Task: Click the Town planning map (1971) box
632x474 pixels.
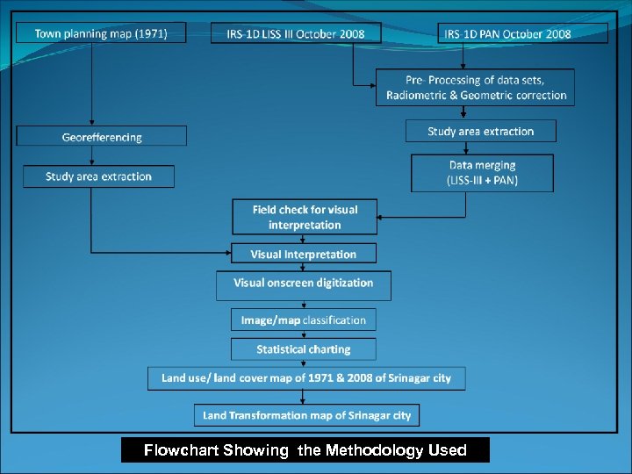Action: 101,33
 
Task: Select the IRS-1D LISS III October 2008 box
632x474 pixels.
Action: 297,33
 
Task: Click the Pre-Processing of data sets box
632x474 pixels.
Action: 476,88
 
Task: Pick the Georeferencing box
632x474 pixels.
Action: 102,136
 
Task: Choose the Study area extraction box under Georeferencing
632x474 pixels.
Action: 98,176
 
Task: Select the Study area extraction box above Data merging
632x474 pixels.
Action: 481,132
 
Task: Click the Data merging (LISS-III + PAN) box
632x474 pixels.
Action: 482,173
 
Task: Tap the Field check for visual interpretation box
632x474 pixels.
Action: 305,217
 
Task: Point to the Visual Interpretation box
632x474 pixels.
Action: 304,254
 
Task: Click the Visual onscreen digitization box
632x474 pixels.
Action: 304,284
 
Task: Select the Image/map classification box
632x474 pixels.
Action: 304,320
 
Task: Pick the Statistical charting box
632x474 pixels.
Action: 304,349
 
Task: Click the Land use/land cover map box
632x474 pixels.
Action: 306,378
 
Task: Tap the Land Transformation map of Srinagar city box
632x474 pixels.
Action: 306,415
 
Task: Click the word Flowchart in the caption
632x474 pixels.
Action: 180,450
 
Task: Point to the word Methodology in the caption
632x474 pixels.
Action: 375,450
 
